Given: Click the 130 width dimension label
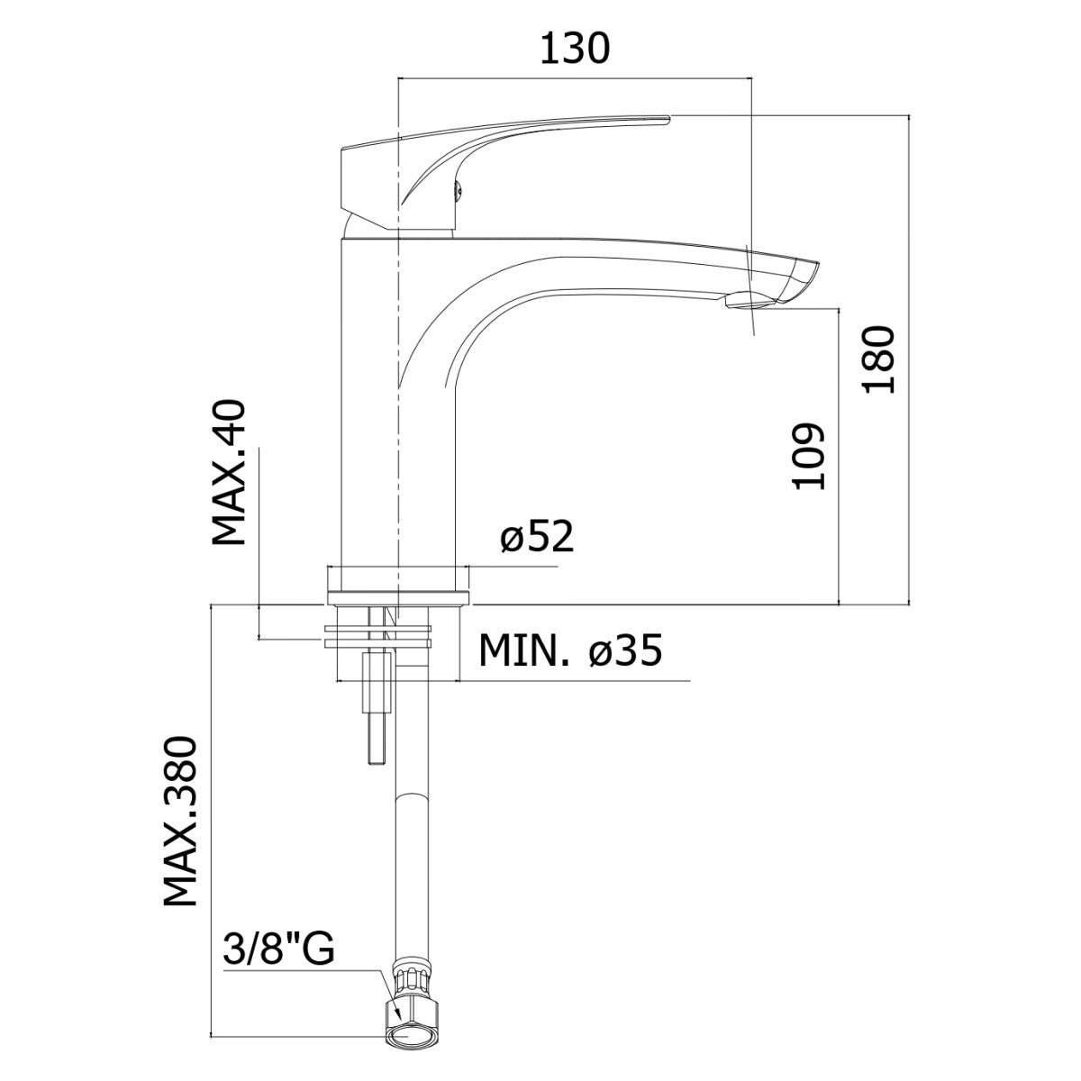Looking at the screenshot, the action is click(575, 49).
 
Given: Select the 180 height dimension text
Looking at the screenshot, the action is click(879, 359).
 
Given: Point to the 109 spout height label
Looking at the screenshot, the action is click(808, 457).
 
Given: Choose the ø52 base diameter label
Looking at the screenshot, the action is click(538, 536).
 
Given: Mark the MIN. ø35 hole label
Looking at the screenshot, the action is click(570, 650).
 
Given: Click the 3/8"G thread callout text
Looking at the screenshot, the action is click(279, 948).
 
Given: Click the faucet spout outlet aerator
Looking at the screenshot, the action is click(749, 301).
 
